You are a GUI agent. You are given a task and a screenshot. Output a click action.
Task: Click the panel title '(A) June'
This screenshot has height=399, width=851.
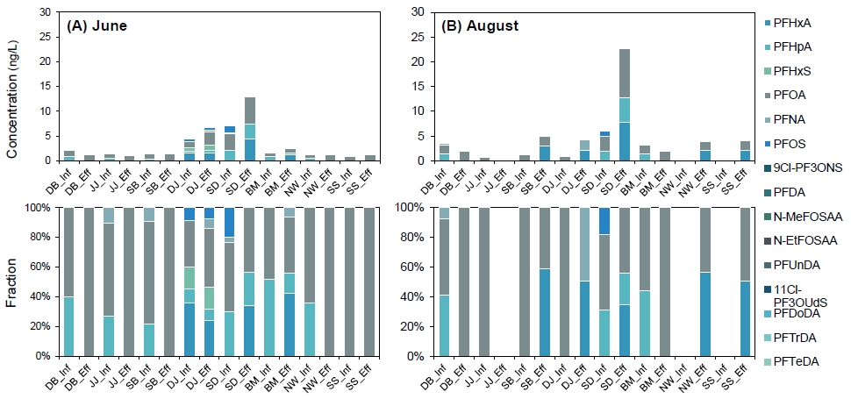pyautogui.click(x=97, y=25)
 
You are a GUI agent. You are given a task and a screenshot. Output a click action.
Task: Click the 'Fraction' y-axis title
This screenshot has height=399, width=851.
pyautogui.click(x=12, y=281)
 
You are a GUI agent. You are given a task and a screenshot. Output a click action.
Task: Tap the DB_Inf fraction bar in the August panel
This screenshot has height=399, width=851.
pyautogui.click(x=444, y=281)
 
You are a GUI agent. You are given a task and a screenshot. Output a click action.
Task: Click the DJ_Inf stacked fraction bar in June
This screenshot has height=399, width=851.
pyautogui.click(x=189, y=281)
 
